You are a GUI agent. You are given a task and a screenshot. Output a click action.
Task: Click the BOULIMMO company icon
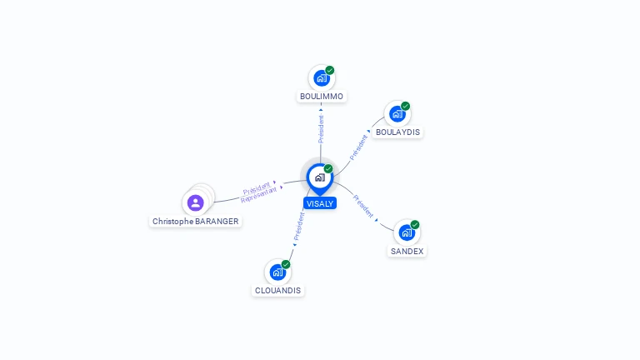(321, 78)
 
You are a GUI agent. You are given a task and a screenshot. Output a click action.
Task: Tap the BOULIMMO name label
(322, 97)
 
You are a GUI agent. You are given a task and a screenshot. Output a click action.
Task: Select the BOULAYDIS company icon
(397, 114)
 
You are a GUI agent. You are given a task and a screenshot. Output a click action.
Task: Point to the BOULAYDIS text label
(397, 132)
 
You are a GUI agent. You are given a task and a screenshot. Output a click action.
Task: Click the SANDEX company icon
(406, 232)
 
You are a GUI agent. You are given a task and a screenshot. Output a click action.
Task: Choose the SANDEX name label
(407, 251)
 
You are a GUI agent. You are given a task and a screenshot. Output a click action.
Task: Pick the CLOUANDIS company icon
(277, 272)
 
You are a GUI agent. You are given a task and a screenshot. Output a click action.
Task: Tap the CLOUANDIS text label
(278, 291)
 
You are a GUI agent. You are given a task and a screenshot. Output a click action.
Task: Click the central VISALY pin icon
(319, 177)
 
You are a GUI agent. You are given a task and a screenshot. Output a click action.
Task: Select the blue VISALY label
(320, 203)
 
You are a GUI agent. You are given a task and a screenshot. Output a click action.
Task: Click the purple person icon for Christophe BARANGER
(196, 202)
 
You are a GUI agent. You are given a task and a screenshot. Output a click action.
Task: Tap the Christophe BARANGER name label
(196, 222)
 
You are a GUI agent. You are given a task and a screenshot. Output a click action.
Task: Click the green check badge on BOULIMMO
(330, 70)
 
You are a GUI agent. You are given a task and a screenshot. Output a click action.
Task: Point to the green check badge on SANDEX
(415, 224)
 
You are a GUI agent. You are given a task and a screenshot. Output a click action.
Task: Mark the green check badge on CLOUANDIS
(286, 264)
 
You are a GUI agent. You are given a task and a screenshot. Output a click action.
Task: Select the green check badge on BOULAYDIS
(406, 106)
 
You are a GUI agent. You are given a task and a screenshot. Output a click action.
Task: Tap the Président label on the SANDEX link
(363, 206)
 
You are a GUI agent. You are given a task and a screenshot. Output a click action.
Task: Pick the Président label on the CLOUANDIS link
(298, 226)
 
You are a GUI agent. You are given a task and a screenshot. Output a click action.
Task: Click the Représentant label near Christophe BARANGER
(259, 195)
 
